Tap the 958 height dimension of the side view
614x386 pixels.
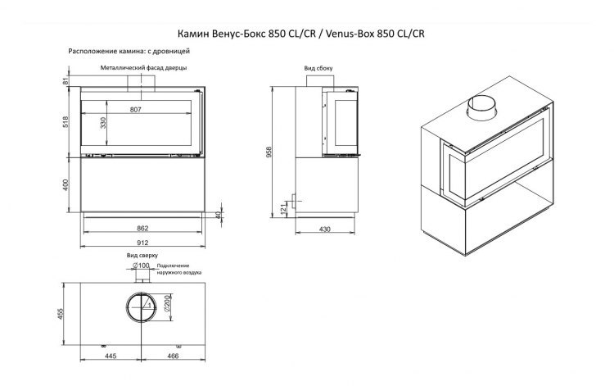pyautogui.click(x=279, y=150)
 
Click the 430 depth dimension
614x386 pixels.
pyautogui.click(x=325, y=229)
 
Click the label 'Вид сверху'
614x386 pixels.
pyautogui.click(x=142, y=256)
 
